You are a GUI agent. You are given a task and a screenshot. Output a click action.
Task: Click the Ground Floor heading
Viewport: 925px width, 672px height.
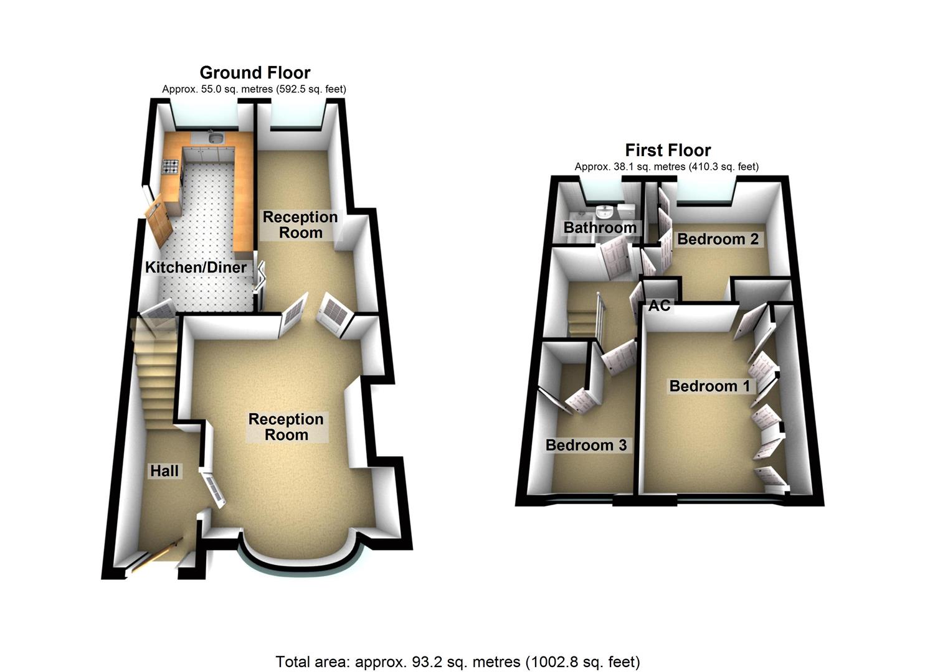255,73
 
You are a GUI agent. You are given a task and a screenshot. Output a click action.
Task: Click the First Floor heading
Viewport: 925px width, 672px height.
668,150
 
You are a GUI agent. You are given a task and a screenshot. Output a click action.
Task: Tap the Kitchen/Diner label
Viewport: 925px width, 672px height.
196,268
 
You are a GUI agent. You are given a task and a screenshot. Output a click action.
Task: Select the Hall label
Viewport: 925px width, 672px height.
164,471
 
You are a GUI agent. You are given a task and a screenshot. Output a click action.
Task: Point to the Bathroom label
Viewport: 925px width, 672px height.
599,228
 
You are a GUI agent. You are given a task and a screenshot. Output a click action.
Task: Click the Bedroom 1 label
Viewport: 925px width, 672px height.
709,386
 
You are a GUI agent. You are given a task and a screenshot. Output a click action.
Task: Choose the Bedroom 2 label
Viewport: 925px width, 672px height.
718,239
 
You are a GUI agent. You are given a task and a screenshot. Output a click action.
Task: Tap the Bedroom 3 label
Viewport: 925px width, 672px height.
586,445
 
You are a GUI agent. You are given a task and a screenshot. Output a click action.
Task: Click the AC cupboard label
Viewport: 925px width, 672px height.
660,306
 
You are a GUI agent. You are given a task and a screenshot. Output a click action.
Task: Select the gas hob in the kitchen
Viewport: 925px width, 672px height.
170,166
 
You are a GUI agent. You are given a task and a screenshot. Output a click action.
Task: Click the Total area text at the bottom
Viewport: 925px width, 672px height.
458,661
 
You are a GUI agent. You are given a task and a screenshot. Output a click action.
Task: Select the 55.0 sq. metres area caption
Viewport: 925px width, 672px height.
254,89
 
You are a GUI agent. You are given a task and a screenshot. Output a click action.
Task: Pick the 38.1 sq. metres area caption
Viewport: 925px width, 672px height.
666,166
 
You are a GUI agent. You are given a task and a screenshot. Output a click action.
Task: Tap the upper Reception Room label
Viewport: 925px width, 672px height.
300,225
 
